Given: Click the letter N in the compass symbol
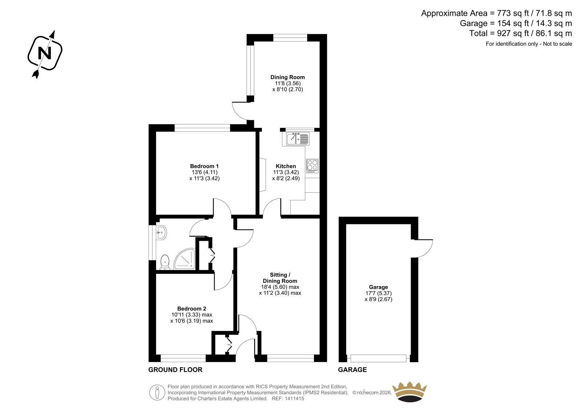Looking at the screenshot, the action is pos(45,53).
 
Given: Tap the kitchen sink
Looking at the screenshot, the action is pos(298,139).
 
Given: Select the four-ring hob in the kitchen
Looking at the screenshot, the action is pos(312,166).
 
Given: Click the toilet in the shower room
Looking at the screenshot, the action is pos(165,262).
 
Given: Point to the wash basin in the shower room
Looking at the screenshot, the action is pos(161,232).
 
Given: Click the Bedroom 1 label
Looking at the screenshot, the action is pos(204,166).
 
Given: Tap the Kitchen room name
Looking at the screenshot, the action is pos(286,166).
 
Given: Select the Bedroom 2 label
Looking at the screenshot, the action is pos(192,309).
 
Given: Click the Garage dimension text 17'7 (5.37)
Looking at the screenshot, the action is pos(379,293).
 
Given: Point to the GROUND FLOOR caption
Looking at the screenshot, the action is pos(175,370).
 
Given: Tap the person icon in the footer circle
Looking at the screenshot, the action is pos(157,392).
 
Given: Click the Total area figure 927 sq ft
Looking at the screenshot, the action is pos(513,33).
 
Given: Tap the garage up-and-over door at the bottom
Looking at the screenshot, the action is pos(378,358).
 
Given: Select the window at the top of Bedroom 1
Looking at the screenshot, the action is pos(202,128).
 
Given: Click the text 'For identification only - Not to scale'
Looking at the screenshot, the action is pos(529,44).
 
